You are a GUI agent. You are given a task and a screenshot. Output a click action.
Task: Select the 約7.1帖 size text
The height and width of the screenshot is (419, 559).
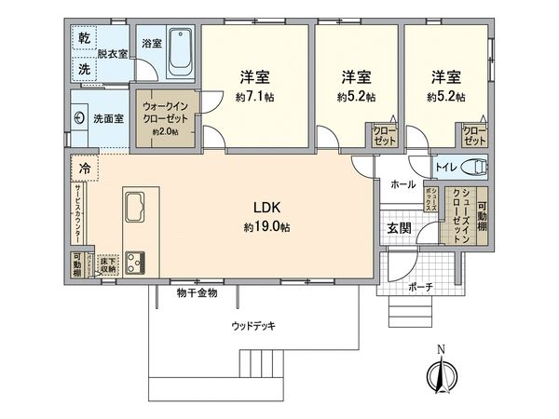tap(255, 96)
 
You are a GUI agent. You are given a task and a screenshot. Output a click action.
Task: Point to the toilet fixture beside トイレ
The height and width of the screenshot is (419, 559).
tap(476, 169)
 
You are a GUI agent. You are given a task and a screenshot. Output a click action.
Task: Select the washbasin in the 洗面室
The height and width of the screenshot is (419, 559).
tap(79, 119)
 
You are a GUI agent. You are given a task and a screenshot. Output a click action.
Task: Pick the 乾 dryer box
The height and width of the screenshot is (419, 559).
tap(84, 38)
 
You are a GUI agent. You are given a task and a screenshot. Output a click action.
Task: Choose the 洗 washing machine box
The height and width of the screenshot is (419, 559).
tap(84, 69)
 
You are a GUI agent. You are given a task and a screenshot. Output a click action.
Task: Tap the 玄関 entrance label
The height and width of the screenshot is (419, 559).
tap(398, 229)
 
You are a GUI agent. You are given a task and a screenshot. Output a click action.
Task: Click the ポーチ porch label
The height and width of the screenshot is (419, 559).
tap(420, 288)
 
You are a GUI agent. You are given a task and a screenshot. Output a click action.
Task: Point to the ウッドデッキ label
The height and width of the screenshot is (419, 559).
tap(252, 326)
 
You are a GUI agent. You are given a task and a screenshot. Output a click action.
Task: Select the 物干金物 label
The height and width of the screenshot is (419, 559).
tap(197, 293)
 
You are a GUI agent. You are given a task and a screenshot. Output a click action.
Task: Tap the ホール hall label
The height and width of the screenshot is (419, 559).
tap(402, 184)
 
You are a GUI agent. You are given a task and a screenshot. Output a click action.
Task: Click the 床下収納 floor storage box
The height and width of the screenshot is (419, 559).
tap(108, 264)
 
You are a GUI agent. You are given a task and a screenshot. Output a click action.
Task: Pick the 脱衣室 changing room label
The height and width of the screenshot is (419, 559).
tap(115, 55)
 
